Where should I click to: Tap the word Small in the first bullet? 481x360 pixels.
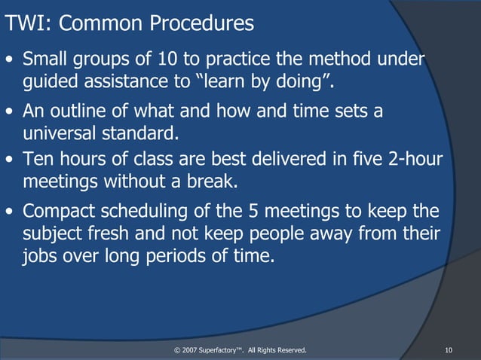(47, 59)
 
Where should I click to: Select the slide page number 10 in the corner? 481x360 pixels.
(449, 349)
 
